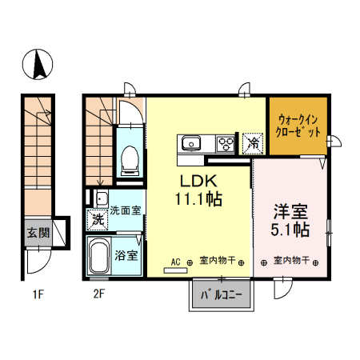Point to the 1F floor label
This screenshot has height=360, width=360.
(x=37, y=294)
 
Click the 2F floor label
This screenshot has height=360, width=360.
(x=99, y=294)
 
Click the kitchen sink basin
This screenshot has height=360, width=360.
(x=192, y=144)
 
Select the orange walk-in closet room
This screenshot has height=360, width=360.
(x=298, y=125)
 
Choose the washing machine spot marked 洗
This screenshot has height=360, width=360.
(x=97, y=217)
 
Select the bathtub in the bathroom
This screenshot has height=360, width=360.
(x=100, y=256)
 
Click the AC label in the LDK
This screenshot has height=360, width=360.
(x=176, y=261)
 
